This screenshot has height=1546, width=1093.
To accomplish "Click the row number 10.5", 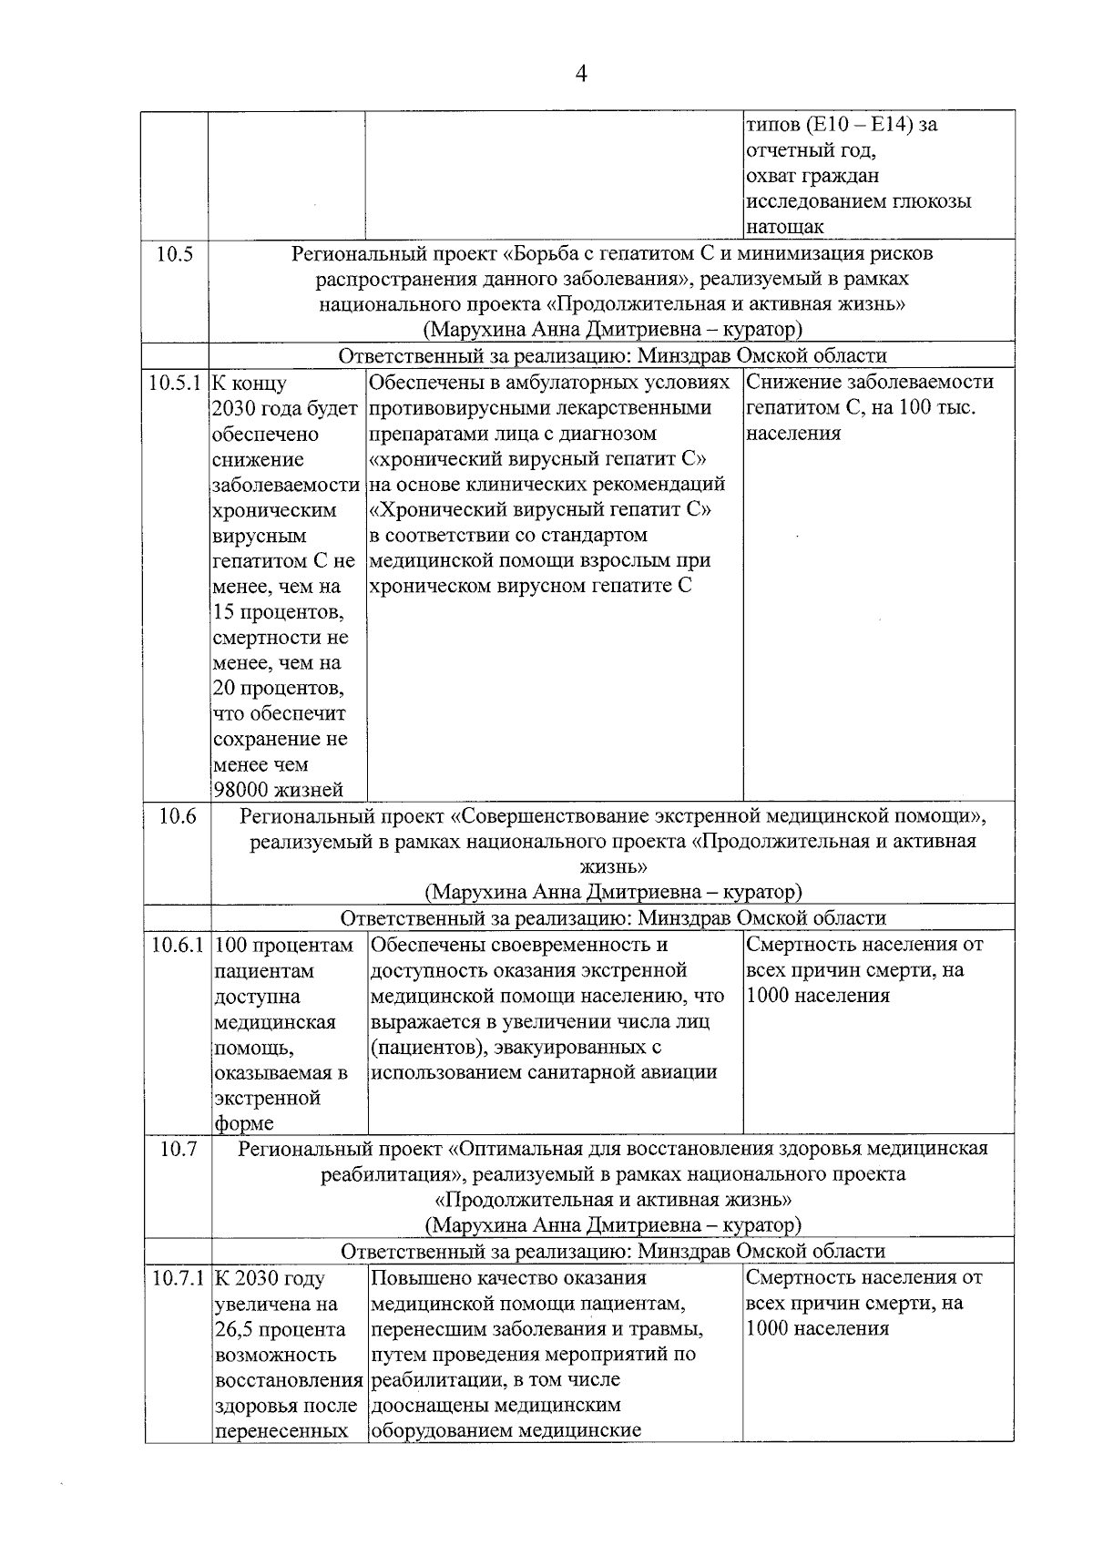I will pyautogui.click(x=174, y=254).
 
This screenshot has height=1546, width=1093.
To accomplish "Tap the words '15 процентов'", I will pyautogui.click(x=278, y=612).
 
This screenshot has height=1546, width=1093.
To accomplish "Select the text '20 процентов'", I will pyautogui.click(x=278, y=689).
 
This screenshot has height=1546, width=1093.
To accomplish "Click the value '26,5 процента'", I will pyautogui.click(x=279, y=1329).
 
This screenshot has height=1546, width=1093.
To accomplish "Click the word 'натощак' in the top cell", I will pyautogui.click(x=784, y=227).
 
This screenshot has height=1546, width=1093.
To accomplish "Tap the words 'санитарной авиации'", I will pyautogui.click(x=623, y=1072).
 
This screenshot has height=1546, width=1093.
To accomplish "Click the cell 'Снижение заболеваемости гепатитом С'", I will pyautogui.click(x=870, y=394).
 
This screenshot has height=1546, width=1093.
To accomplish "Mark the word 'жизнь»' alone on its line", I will pyautogui.click(x=613, y=865).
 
